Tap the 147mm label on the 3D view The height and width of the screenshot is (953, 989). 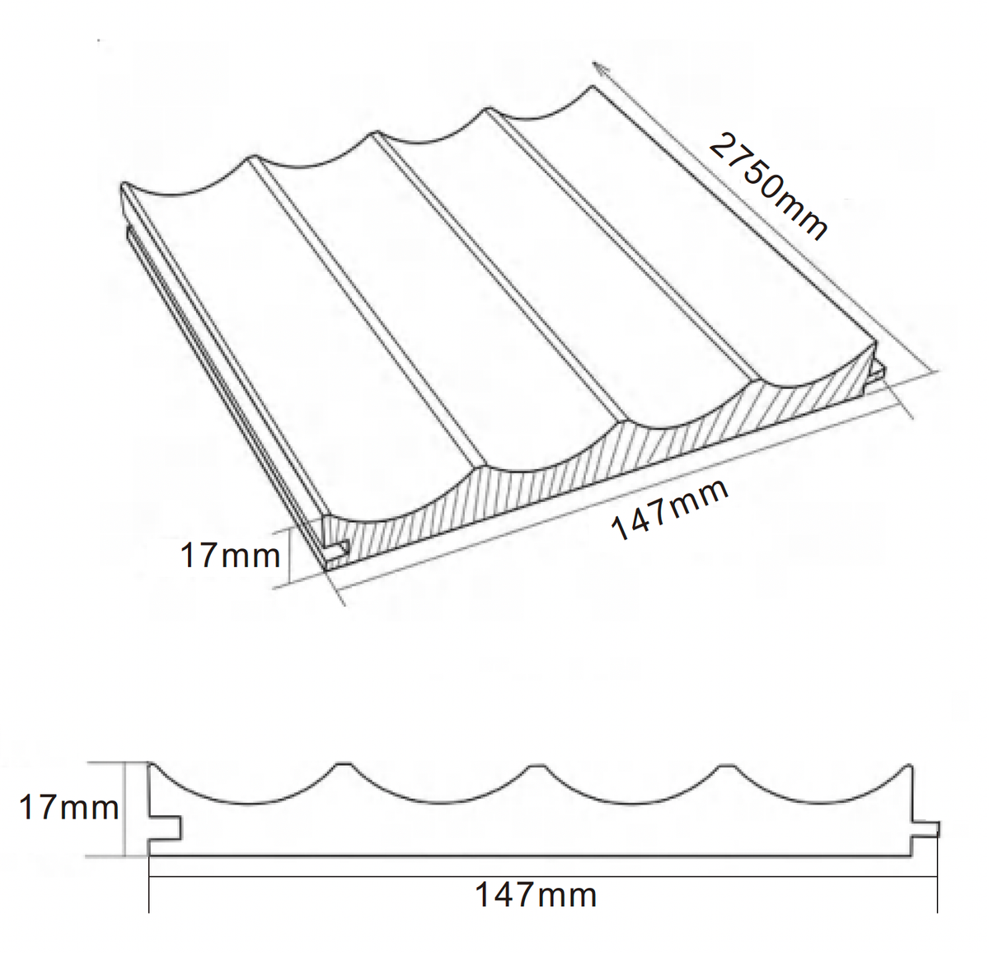click(670, 509)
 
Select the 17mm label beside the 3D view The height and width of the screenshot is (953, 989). click(230, 556)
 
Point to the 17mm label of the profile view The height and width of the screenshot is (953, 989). click(69, 808)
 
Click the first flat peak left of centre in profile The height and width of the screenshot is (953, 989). click(344, 764)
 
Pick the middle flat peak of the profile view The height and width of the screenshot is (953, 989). click(536, 765)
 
